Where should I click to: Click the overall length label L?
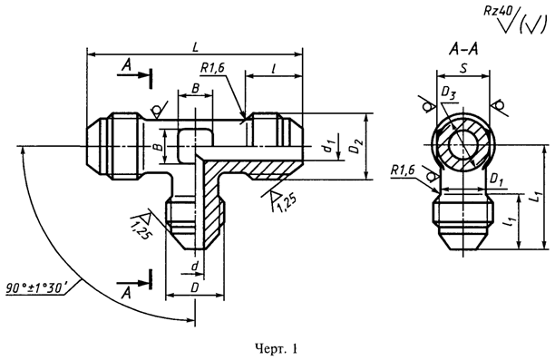pos(195,47)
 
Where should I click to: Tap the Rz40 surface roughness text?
pos(499,11)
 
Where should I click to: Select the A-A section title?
pos(463,50)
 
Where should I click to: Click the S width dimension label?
pos(463,69)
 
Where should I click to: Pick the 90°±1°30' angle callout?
pos(36,287)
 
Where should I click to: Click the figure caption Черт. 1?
pos(277,349)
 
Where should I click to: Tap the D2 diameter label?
pos(356,146)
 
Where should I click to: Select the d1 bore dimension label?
pos(329,145)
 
